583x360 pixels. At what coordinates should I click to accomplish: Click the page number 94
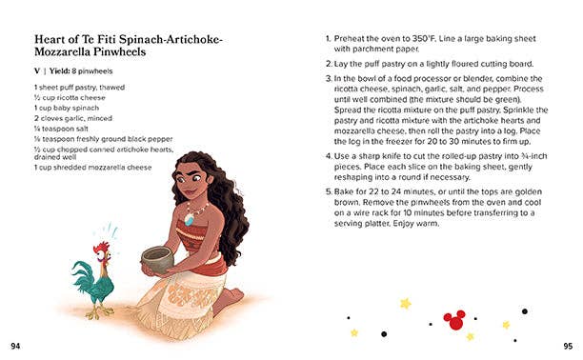pyautogui.click(x=14, y=344)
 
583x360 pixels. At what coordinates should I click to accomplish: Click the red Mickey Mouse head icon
pyautogui.click(x=455, y=316)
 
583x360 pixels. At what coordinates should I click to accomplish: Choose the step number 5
pyautogui.click(x=328, y=190)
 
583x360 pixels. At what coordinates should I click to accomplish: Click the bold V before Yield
pyautogui.click(x=36, y=71)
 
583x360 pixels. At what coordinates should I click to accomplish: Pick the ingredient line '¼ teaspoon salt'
pyautogui.click(x=63, y=127)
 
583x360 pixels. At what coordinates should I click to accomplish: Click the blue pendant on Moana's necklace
pyautogui.click(x=189, y=219)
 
